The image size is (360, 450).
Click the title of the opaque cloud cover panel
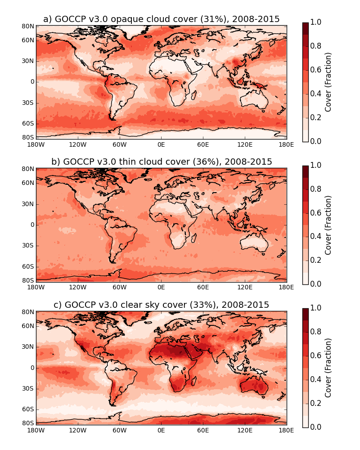(x=161, y=19)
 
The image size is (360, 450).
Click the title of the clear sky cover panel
(x=161, y=305)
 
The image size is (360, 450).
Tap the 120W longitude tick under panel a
(x=77, y=144)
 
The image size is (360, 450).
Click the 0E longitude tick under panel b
(x=161, y=288)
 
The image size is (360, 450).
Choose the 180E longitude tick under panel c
(x=286, y=430)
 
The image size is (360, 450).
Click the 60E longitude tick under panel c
(x=203, y=430)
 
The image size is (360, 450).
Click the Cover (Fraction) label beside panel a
(x=328, y=82)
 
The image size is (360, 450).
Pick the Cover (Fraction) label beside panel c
(x=328, y=368)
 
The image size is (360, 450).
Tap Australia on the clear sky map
(x=254, y=385)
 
